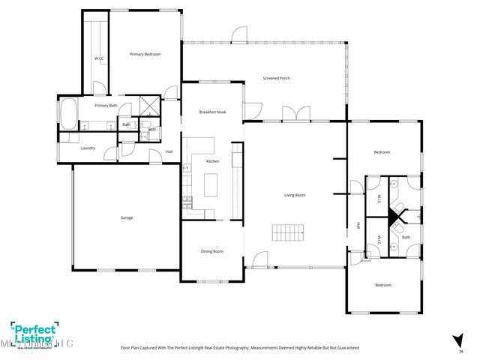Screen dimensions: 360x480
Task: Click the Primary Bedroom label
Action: (145, 54)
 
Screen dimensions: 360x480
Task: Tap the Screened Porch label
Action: (276, 78)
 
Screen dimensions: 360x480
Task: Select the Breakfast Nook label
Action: (212, 112)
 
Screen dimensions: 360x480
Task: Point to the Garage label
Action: (127, 217)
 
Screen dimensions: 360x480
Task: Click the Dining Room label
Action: (212, 251)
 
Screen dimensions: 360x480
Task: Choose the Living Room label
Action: (295, 195)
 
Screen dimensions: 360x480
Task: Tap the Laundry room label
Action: (88, 148)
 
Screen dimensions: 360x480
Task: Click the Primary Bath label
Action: (106, 106)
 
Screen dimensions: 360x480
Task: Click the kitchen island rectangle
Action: (212, 183)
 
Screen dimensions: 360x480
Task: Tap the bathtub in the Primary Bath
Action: (67, 113)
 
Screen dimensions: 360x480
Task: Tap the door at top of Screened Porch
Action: (238, 34)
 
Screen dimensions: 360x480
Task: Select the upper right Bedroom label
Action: (382, 152)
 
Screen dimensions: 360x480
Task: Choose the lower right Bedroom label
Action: (382, 285)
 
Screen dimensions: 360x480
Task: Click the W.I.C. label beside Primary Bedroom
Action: (98, 58)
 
